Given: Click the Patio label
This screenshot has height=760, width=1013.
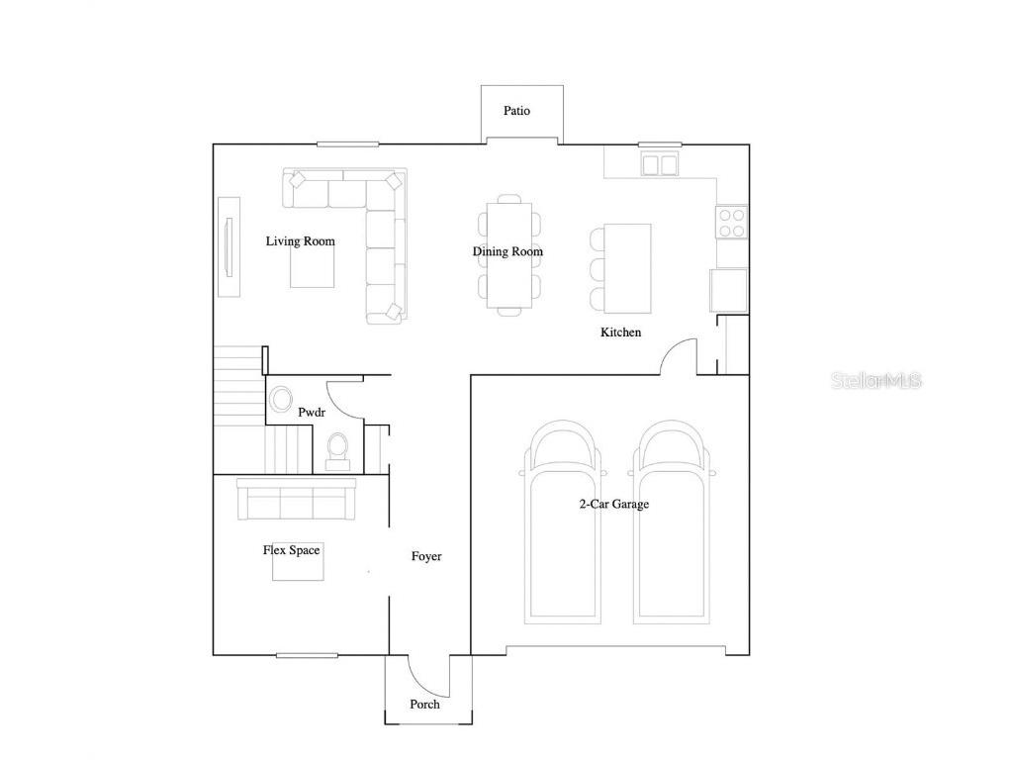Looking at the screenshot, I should tap(516, 111).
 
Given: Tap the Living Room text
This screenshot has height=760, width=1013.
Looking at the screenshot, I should tap(300, 241).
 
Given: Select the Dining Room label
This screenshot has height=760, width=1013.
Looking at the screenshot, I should tap(507, 251).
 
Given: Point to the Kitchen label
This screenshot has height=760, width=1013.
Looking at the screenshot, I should tap(620, 332).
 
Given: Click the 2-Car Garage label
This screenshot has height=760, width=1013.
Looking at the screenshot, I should tap(613, 504).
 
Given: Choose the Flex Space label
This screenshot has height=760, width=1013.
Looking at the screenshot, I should tap(291, 550).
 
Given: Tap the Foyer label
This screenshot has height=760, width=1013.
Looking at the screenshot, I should tap(426, 556).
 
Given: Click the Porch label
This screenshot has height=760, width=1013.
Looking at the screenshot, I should tap(424, 705).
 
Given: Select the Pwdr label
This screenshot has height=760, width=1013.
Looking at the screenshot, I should tap(312, 412).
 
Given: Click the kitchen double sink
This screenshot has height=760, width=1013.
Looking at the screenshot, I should tap(660, 164).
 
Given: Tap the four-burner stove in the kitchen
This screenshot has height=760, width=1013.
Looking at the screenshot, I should tap(732, 223).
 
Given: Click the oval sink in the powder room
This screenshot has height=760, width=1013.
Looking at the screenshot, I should tap(281, 401).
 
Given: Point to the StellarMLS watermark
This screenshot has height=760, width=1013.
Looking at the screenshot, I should tap(876, 380).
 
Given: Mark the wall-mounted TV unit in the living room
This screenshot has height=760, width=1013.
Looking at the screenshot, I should tap(230, 245).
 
